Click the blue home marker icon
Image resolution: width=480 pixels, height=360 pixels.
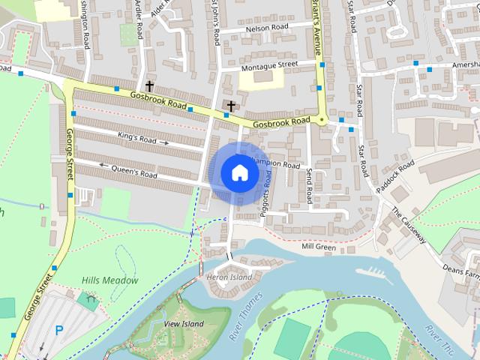[239, 172]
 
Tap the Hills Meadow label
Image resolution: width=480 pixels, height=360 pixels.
[110, 280]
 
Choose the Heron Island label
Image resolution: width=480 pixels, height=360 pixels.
[229, 277]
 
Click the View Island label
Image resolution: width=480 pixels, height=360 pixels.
[184, 324]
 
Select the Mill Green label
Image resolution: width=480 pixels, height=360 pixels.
[318, 247]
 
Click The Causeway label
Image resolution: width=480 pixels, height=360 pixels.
[409, 224]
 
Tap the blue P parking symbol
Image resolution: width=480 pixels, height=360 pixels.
[59, 329]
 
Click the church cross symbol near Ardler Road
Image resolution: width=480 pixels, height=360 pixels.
[149, 86]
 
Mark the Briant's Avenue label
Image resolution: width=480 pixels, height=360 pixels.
[316, 30]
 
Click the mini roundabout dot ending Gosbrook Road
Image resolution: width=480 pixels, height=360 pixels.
[322, 120]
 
